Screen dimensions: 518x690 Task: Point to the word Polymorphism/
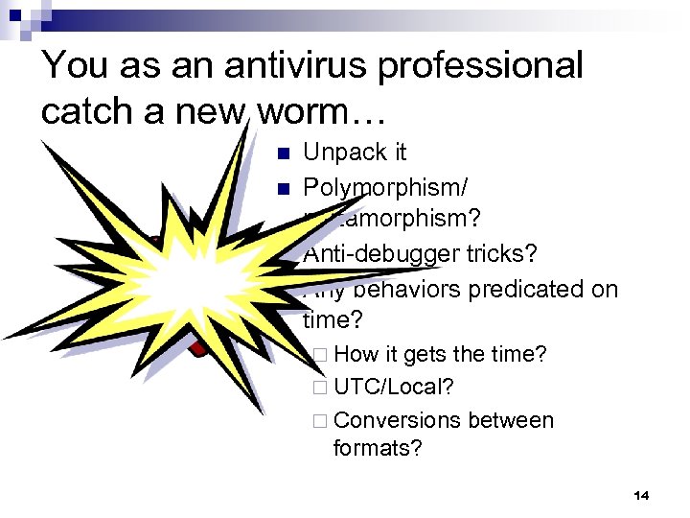pos(385,186)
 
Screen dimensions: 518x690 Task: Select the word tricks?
pos(505,254)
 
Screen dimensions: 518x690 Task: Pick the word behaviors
pos(415,289)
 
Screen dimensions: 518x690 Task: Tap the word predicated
pos(527,289)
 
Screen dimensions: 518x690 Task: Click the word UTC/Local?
pos(394,388)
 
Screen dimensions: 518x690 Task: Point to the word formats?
pos(378,447)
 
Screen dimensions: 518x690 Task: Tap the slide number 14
pos(641,495)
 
